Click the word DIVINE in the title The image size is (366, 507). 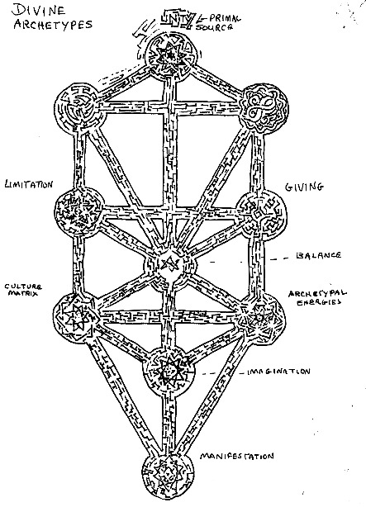point(38,11)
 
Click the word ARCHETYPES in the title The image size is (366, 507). point(53,25)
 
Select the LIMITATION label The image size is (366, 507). point(29,184)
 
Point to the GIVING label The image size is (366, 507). point(304,187)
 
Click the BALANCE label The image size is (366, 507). point(318,255)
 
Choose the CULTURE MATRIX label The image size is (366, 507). point(23,290)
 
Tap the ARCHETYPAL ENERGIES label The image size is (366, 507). point(317,297)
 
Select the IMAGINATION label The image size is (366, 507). point(278,372)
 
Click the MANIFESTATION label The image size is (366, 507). point(236,457)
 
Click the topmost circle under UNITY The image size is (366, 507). point(171,56)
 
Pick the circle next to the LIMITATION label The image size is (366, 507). point(79,211)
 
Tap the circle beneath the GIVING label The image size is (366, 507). point(261,214)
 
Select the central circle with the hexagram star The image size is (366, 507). point(170,265)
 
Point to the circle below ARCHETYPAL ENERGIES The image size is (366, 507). point(261,318)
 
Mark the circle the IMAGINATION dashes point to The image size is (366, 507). point(169,372)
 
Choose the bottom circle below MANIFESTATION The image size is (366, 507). point(169,477)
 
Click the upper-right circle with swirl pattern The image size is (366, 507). point(264,107)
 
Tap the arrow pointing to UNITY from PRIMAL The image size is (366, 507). point(204,17)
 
